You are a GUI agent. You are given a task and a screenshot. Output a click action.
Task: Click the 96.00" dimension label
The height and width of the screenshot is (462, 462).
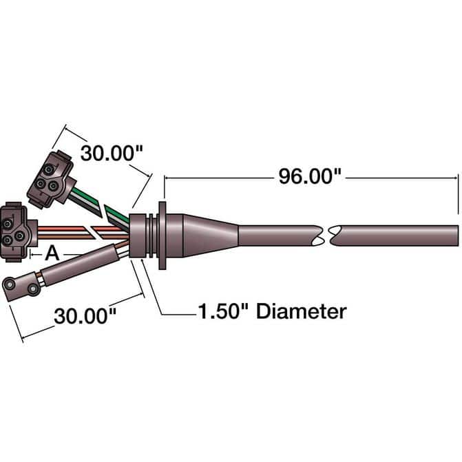[x=310, y=176]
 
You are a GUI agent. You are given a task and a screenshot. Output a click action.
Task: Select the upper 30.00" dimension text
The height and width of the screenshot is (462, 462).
[x=112, y=154]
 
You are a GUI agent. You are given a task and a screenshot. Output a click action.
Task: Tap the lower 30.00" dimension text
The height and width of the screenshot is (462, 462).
[x=85, y=316]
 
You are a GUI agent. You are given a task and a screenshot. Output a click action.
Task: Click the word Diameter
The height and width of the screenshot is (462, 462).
[x=301, y=311]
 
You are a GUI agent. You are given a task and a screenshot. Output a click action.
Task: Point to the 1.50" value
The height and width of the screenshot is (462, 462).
[x=223, y=311]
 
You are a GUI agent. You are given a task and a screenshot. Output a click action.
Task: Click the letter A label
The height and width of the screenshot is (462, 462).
[x=52, y=253]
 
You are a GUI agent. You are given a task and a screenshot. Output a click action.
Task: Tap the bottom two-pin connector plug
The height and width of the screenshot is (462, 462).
[x=21, y=285]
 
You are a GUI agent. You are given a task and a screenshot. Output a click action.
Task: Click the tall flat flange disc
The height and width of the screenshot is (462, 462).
[x=162, y=235]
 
